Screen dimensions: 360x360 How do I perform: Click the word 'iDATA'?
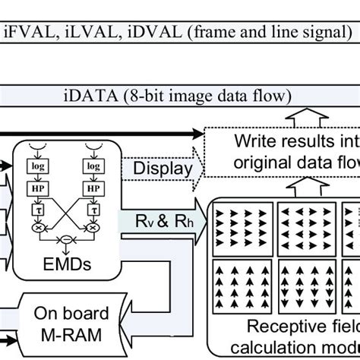click(81, 96)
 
